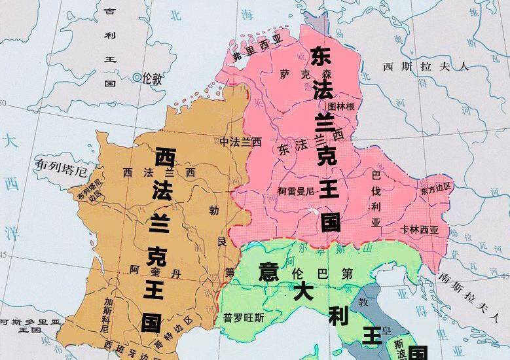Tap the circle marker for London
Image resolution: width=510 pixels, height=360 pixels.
coord(137,77)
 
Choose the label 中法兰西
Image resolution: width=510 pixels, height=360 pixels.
coord(240,141)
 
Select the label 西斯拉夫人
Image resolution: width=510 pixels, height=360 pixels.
coord(426,66)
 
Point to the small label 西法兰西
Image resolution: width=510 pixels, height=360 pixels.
coord(157,172)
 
